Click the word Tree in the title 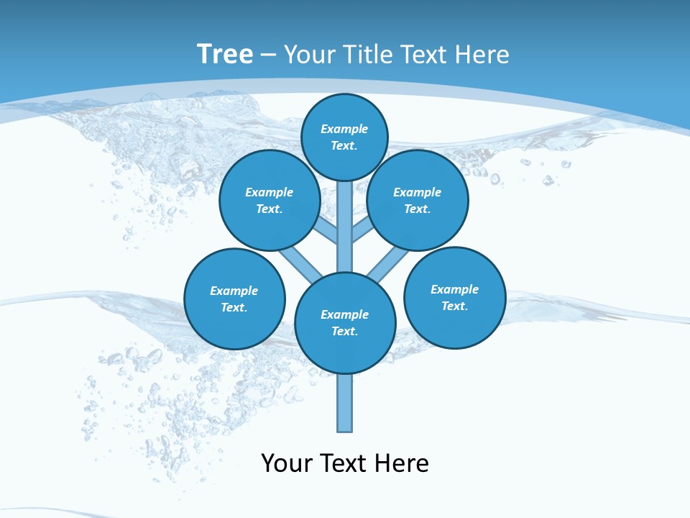point(225,54)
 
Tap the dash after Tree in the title point(269,55)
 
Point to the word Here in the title point(482,54)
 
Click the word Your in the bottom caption point(286,463)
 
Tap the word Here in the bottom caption point(402,463)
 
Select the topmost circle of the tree point(344,137)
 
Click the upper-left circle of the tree point(270,200)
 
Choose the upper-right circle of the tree point(418,200)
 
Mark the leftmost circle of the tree point(234,299)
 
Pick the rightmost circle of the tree point(454,297)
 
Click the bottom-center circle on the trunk point(345,323)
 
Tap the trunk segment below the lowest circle point(345,403)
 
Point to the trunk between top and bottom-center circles point(345,227)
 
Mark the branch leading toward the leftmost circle point(298,263)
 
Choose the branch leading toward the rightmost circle point(388,263)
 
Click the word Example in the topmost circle point(344,129)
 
